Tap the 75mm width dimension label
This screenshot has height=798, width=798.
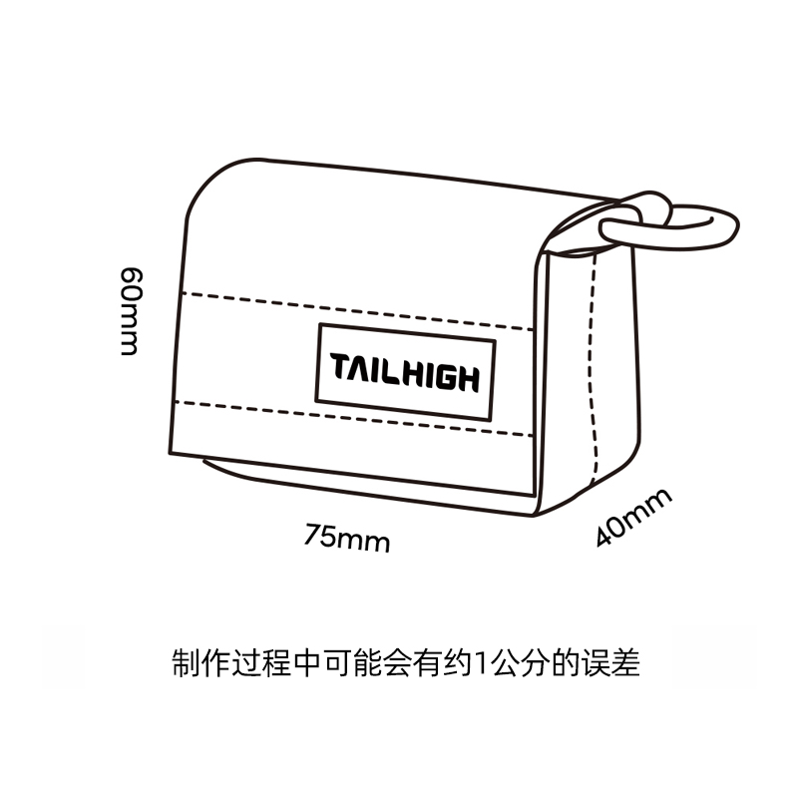(x=347, y=540)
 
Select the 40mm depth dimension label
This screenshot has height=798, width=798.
(x=634, y=517)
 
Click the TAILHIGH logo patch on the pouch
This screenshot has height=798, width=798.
(x=405, y=375)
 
